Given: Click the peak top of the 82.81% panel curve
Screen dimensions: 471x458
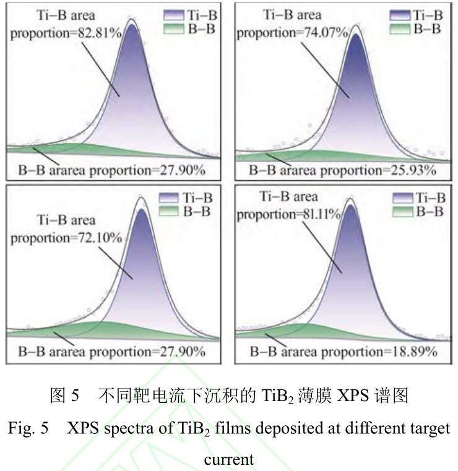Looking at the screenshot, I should click(131, 20).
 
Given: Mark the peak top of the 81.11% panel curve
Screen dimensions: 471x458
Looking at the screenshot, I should click(351, 199).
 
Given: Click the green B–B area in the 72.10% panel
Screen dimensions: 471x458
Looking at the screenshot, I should click(105, 328).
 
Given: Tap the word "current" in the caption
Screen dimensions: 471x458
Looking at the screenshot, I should click(228, 459).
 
